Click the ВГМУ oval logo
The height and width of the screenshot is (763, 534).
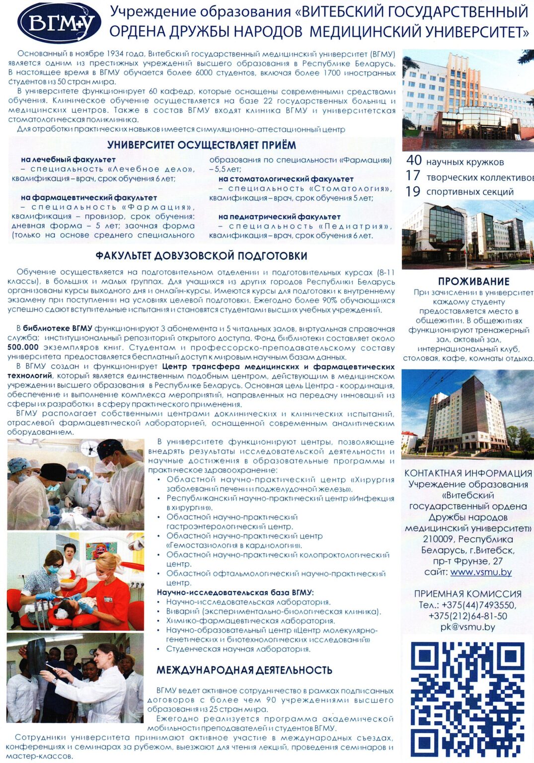[x=59, y=23]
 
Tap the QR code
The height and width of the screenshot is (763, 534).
[x=467, y=699]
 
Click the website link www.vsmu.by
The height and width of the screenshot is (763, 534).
[x=481, y=572]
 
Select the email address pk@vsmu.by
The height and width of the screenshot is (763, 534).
[x=467, y=627]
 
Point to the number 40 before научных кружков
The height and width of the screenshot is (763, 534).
[x=414, y=160]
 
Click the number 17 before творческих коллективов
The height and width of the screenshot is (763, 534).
[x=413, y=176]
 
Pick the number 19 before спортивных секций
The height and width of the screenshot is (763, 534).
[x=413, y=191]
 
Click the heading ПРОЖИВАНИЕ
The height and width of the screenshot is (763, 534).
[x=473, y=281]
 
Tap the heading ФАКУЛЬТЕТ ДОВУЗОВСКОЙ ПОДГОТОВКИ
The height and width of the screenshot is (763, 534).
[x=201, y=256]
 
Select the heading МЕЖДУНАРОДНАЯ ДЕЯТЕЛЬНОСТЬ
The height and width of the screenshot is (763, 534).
[x=244, y=670]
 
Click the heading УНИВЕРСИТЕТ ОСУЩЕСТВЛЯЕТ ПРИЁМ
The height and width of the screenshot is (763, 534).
[x=201, y=145]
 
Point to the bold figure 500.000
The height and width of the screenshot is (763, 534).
[x=23, y=347]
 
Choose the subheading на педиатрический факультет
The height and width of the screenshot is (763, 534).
[x=279, y=217]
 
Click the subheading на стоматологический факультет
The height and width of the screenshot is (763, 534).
[x=286, y=179]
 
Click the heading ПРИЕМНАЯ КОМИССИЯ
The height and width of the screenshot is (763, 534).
[x=467, y=594]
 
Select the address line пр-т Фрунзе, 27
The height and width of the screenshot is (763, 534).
[x=467, y=561]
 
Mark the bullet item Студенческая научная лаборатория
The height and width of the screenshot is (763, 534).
[x=238, y=649]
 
